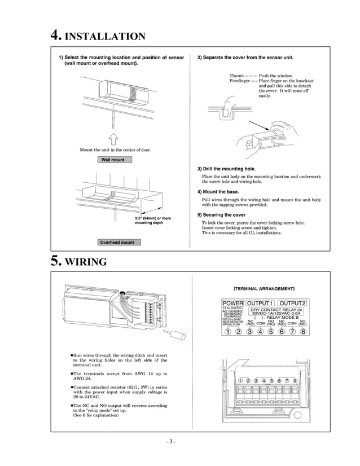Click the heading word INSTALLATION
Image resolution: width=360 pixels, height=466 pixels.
tap(106, 37)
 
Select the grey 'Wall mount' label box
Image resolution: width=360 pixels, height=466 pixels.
tap(113, 160)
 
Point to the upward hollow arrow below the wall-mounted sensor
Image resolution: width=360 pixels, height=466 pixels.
tap(113, 138)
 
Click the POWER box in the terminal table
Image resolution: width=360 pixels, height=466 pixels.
tap(232, 304)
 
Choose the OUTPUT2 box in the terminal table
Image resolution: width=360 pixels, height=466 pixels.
tap(293, 304)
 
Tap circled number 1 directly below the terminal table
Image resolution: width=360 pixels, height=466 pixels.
tap(228, 331)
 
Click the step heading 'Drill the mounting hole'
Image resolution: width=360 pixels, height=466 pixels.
tap(226, 169)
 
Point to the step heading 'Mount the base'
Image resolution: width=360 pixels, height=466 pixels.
tap(218, 192)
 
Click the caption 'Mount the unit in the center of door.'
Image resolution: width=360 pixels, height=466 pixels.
tap(115, 150)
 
